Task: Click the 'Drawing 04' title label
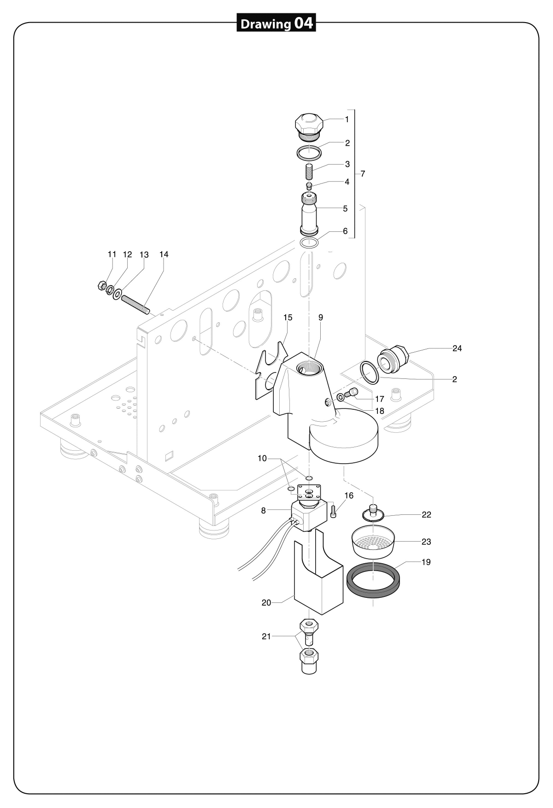pyautogui.click(x=276, y=23)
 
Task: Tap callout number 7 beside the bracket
pyautogui.click(x=363, y=174)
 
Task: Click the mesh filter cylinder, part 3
pyautogui.click(x=309, y=172)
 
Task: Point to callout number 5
pyautogui.click(x=345, y=209)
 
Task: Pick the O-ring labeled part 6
pyautogui.click(x=309, y=243)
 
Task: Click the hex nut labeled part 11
pyautogui.click(x=102, y=286)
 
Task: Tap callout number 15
pyautogui.click(x=288, y=318)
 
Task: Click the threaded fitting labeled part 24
pyautogui.click(x=393, y=358)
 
